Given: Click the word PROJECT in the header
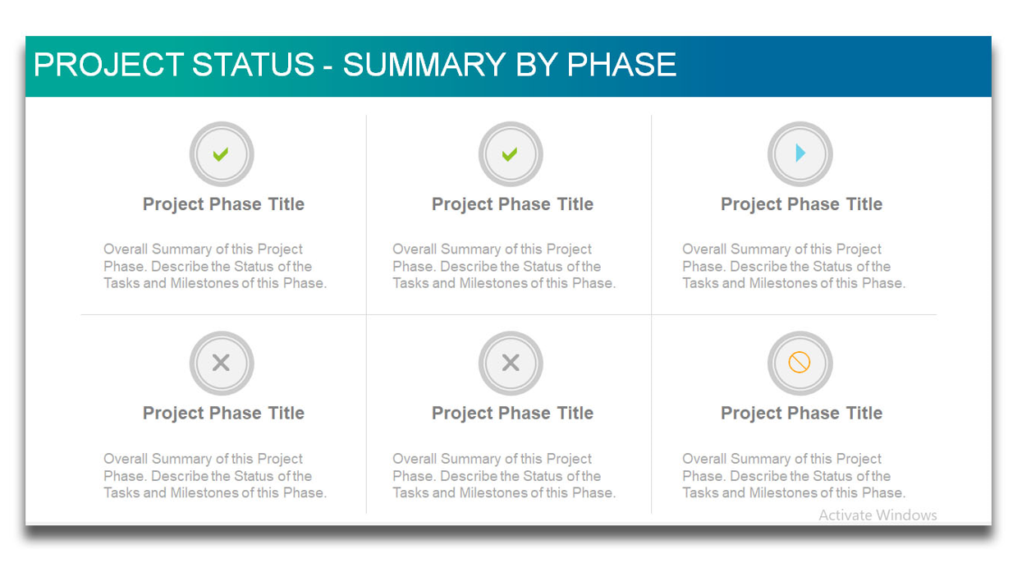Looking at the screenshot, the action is tap(109, 64).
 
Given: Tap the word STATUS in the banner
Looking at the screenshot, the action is tap(253, 64).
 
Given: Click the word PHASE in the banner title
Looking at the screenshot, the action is tap(621, 64).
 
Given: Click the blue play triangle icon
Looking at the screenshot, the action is tap(800, 153).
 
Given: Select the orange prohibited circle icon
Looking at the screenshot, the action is tap(800, 363).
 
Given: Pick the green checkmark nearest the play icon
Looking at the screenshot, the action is tap(510, 154).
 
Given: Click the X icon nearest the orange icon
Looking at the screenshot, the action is tap(511, 363).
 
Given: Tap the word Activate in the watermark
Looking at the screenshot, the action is tap(846, 515).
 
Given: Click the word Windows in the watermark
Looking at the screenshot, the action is tap(906, 515).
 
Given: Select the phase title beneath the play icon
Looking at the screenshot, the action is tap(801, 204).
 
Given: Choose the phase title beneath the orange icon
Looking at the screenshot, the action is tap(801, 414).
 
